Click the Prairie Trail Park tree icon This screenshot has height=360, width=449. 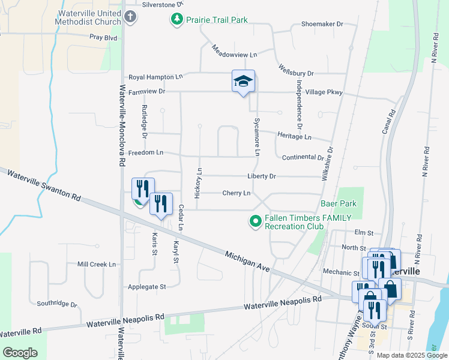pos(177,20)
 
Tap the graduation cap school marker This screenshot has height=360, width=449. pos(243,81)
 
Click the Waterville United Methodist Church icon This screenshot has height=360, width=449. pos(131,18)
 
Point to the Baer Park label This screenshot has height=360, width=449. pos(339,203)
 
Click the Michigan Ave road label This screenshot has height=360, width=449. pos(247,262)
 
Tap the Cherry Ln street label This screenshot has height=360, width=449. pos(236,193)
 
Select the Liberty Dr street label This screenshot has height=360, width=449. pos(261,176)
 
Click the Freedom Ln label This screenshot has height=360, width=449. pos(146,152)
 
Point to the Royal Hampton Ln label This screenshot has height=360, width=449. pos(155,77)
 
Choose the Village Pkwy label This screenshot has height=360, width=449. pos(324,92)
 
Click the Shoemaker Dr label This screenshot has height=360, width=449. pos(322,25)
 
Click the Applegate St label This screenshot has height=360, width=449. pos(145,287)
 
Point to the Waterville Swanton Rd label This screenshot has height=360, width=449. pos(44,185)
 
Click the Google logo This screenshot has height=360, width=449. pos(20,353)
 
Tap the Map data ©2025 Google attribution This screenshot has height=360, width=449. pos(411,355)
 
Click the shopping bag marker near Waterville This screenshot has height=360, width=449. pos(390,288)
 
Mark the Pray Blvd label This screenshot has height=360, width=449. pos(103,37)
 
